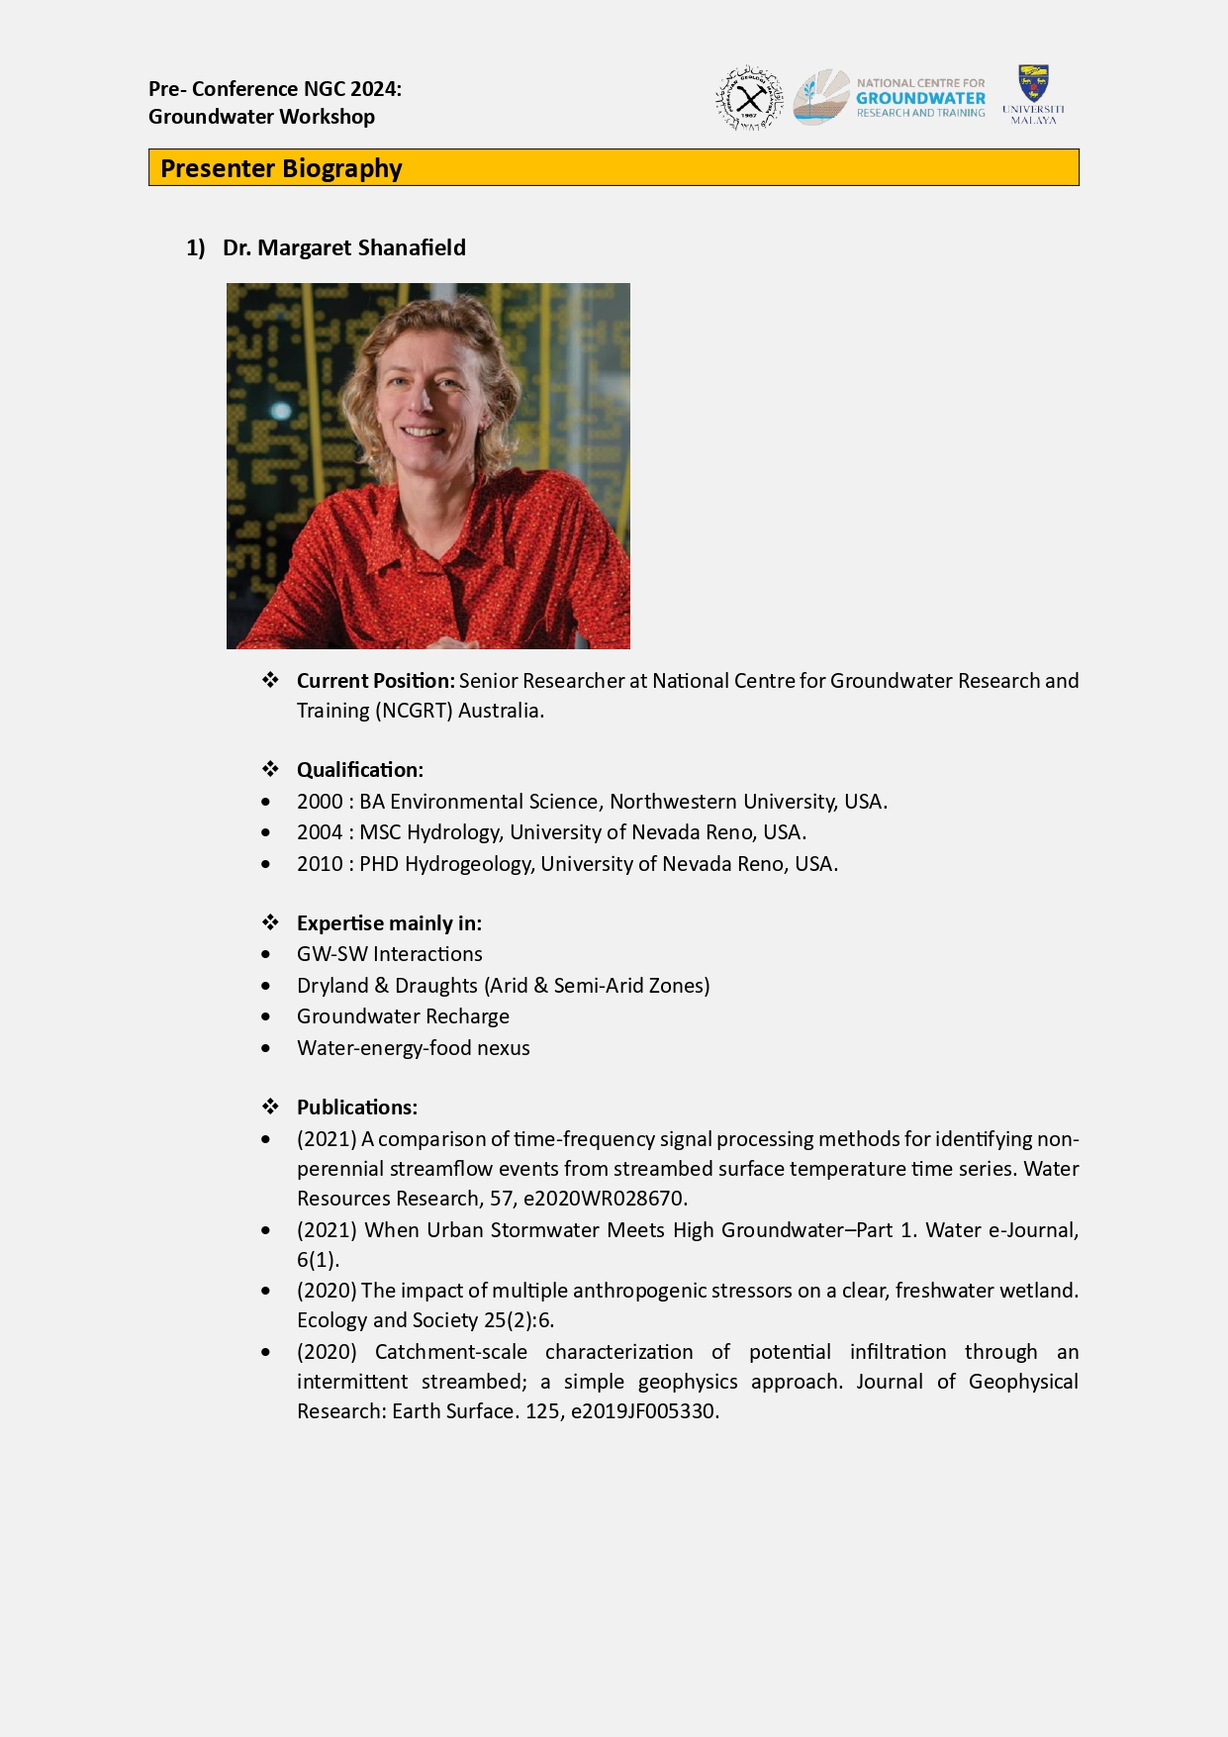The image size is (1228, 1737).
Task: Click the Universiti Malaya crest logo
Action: (1033, 84)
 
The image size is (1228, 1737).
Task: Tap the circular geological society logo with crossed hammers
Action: (749, 99)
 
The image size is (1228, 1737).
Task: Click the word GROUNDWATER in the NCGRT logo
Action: (920, 98)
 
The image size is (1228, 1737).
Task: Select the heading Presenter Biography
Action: (281, 168)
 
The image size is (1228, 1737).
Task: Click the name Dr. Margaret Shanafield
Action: (343, 247)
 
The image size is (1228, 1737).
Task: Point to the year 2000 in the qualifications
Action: (320, 802)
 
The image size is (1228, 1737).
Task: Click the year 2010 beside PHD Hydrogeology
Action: (320, 864)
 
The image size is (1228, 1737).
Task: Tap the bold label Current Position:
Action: (375, 681)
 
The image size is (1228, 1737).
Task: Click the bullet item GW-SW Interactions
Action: (389, 954)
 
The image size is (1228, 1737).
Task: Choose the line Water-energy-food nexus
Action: (413, 1048)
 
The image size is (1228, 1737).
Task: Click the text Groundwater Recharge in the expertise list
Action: (403, 1016)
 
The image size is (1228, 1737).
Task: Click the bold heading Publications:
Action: (356, 1108)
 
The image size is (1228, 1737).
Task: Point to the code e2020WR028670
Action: (604, 1199)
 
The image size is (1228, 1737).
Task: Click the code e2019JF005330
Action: (643, 1411)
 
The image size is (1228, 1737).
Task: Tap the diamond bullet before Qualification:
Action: (270, 769)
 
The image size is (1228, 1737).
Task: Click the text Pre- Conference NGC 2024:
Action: (275, 89)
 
